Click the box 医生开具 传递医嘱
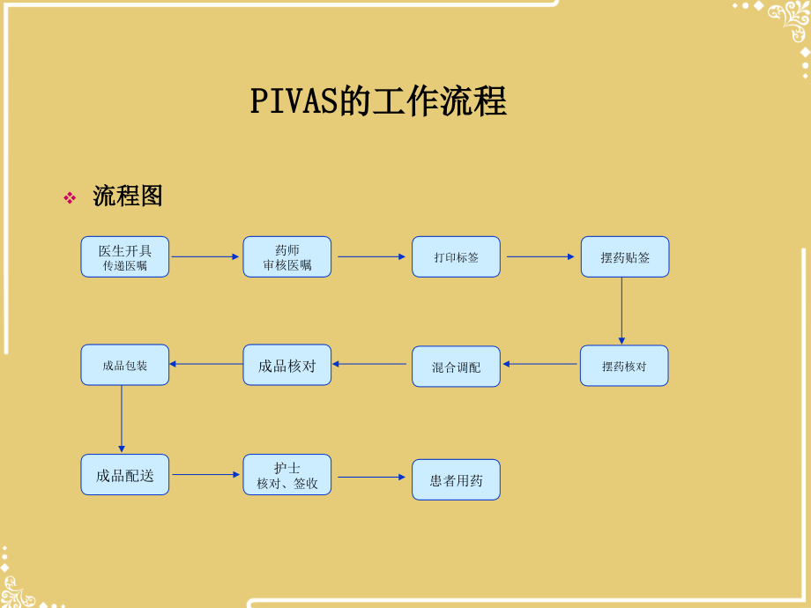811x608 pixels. tap(124, 256)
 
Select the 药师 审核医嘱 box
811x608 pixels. tap(287, 256)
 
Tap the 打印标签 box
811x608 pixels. tap(456, 256)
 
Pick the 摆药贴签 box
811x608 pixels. tap(624, 256)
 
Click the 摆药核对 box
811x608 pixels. tap(623, 366)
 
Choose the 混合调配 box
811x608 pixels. tap(456, 367)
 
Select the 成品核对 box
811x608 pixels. tap(287, 365)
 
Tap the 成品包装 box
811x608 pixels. tap(124, 365)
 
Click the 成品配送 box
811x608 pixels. tap(124, 475)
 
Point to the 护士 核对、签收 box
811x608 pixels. tap(287, 475)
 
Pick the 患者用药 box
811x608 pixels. tap(456, 480)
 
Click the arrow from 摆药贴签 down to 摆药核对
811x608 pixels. tap(621, 311)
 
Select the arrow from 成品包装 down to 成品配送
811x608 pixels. tap(122, 419)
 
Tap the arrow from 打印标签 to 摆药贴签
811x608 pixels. tap(540, 256)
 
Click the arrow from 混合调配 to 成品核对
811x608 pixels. tap(371, 364)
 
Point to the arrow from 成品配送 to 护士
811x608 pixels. tap(206, 474)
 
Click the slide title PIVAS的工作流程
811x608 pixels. tap(378, 102)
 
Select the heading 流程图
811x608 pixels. tap(128, 196)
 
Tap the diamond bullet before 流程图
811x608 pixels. tap(70, 198)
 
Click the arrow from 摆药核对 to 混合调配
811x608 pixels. tap(539, 364)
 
